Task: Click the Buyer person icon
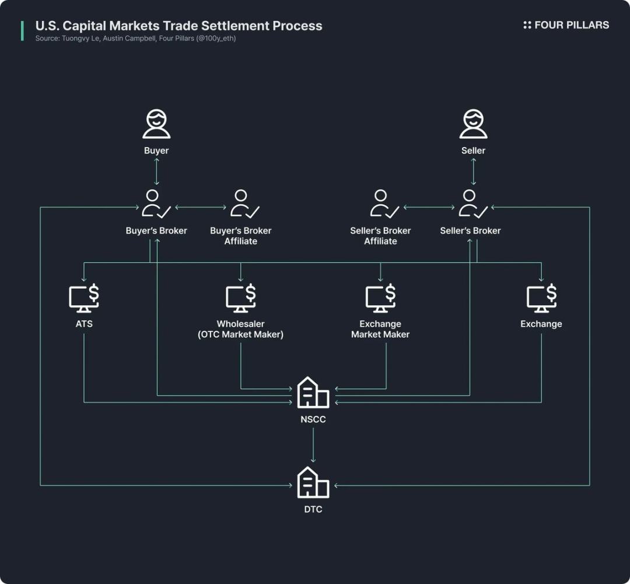(x=156, y=124)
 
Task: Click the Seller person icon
(x=473, y=124)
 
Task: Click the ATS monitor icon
(x=84, y=298)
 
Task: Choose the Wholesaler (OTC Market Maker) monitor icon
(x=241, y=298)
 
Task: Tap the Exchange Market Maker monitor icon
(x=381, y=298)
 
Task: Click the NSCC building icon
(x=313, y=392)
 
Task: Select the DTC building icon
(x=313, y=482)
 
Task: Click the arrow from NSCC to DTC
(x=313, y=446)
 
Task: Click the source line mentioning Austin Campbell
(x=135, y=39)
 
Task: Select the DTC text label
(x=313, y=509)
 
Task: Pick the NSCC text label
(x=313, y=419)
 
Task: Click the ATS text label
(x=84, y=324)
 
